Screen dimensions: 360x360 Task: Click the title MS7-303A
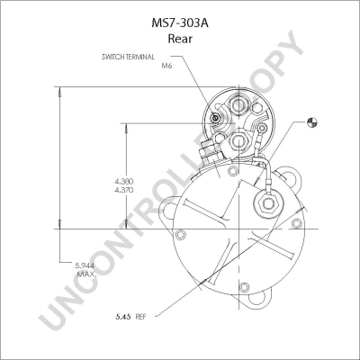[180, 23]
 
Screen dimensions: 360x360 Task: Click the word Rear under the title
[180, 39]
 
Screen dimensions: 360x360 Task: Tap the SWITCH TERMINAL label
[128, 57]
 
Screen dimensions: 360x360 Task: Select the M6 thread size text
[166, 66]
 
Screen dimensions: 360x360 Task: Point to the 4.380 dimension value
[124, 182]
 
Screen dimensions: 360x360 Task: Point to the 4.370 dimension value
[124, 190]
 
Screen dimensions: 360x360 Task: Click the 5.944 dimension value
[85, 265]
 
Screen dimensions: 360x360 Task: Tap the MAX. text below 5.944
[86, 274]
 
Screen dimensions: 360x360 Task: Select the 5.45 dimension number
[123, 317]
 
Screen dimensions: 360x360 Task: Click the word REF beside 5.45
[140, 317]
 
